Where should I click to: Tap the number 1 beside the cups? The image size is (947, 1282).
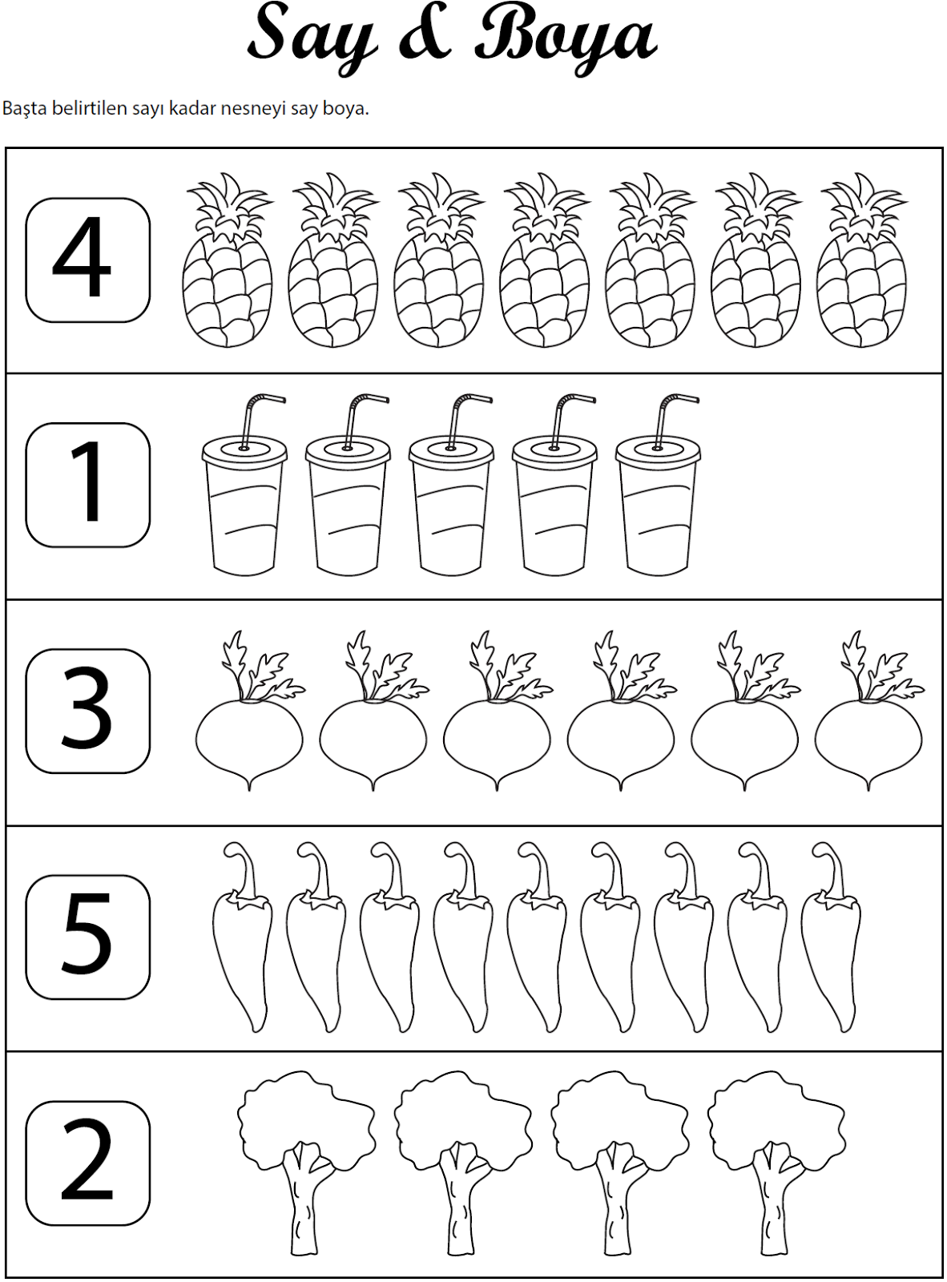point(88,480)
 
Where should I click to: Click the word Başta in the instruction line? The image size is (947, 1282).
point(23,109)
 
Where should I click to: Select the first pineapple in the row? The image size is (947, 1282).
point(228,260)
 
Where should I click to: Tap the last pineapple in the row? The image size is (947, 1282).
point(862,260)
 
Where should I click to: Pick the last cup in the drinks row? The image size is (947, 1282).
point(658,486)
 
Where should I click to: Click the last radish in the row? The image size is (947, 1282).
point(869,711)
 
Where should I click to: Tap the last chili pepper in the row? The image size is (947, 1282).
point(831,937)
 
